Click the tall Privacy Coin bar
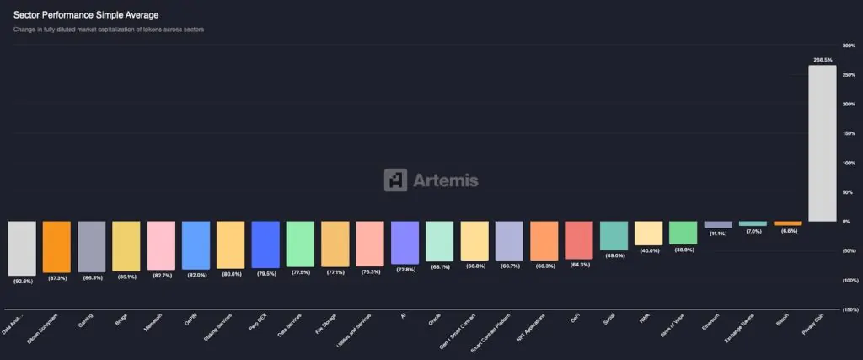[x=822, y=143]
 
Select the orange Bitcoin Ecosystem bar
[x=56, y=247]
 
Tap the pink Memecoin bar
[x=161, y=245]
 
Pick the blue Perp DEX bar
[x=265, y=244]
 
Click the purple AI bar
[x=405, y=243]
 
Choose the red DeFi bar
[x=578, y=240]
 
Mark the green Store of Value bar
[x=683, y=233]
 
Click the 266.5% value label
[x=823, y=60]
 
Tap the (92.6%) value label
[x=22, y=281]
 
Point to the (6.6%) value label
[x=787, y=231]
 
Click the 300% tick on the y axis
[x=849, y=46]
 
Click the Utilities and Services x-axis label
[x=355, y=330]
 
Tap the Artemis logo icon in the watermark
[x=395, y=180]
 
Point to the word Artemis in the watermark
[x=445, y=180]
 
